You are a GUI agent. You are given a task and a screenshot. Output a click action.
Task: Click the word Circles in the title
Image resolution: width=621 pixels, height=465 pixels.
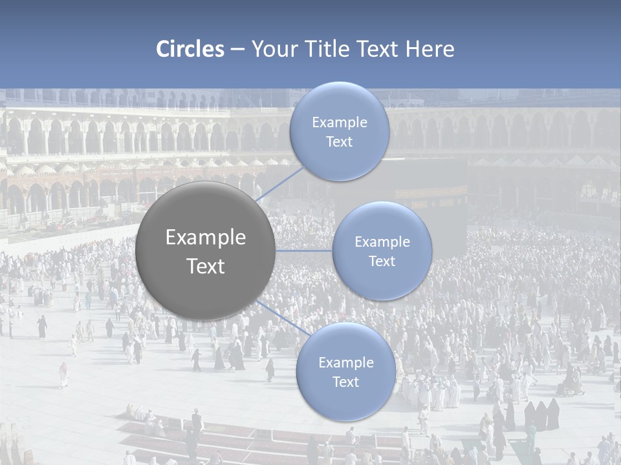pos(190,49)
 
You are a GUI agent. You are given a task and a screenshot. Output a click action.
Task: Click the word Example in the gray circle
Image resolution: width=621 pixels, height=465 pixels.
pos(206,238)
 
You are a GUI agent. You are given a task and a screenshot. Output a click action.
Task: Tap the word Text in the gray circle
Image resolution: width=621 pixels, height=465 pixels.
pos(206,266)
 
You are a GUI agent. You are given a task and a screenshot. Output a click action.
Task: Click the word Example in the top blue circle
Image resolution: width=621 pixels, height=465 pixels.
pos(340,123)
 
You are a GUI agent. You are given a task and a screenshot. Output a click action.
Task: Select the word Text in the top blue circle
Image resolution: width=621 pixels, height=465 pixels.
pos(340,142)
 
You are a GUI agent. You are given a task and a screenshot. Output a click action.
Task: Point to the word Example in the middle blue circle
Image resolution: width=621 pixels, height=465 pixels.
pos(382,242)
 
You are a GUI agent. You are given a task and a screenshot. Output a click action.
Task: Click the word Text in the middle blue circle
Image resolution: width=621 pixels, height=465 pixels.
pos(382,262)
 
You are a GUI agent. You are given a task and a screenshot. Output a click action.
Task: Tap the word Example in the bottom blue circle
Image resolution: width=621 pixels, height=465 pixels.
pos(346,363)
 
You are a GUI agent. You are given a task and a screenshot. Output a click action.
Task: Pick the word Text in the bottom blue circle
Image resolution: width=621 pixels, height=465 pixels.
pos(346,382)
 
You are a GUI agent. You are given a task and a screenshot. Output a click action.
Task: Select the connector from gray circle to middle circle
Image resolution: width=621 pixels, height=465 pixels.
pos(304,251)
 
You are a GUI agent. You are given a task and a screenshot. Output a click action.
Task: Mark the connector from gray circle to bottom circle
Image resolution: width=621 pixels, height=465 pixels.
pos(281,316)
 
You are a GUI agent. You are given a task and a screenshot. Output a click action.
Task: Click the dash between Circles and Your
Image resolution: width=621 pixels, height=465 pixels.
pos(237,50)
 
